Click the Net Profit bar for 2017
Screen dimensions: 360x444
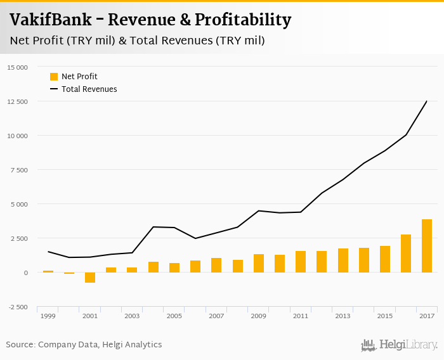click(427, 246)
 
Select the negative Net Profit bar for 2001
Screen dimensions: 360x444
click(90, 278)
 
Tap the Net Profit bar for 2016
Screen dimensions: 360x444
click(406, 254)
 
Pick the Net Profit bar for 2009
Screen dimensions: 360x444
click(259, 264)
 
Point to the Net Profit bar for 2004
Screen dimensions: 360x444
click(153, 267)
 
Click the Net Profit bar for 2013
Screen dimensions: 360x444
click(343, 260)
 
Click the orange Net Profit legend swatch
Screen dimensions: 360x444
click(54, 77)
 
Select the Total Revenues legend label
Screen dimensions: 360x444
click(89, 89)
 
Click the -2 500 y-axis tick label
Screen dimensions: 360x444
click(18, 307)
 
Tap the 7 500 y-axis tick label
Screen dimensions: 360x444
click(18, 170)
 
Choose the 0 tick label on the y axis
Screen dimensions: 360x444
click(25, 273)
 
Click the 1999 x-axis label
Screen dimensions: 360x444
click(48, 316)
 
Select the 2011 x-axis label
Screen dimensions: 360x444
click(301, 316)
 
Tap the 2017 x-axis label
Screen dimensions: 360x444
click(427, 316)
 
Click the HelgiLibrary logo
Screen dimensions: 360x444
click(399, 345)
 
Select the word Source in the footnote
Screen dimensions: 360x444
click(20, 345)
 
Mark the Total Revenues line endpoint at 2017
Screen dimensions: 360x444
click(427, 101)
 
